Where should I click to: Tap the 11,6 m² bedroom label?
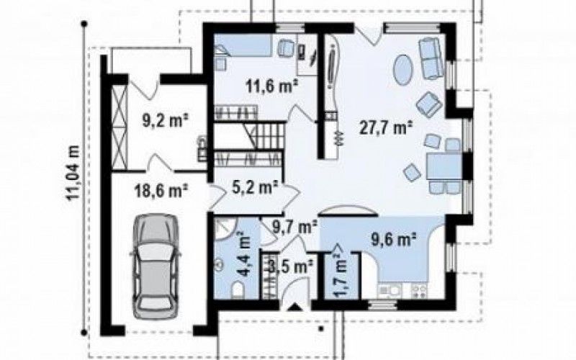[271, 87]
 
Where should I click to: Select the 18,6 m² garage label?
[162, 192]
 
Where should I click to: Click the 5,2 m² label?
[255, 188]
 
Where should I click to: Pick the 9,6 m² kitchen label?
[392, 240]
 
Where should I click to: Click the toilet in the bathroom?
[238, 290]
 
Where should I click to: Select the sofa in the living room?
[431, 58]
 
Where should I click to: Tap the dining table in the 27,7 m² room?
[444, 166]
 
